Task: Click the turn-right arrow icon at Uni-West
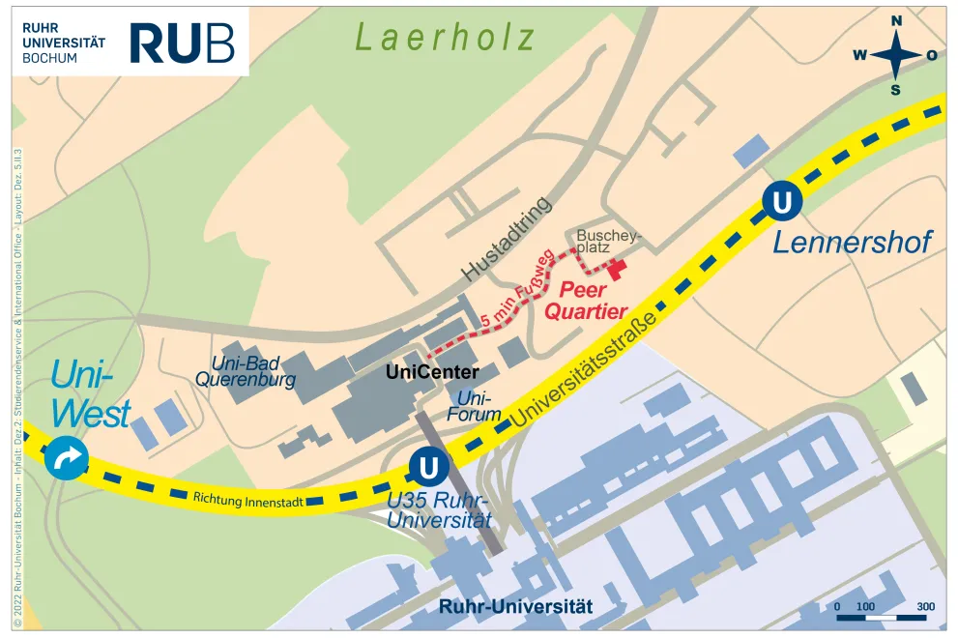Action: [67, 459]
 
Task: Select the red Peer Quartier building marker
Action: [616, 265]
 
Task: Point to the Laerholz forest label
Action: [445, 38]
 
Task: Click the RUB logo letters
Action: [182, 43]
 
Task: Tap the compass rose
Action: [896, 55]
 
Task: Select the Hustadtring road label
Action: [507, 239]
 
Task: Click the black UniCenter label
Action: [432, 371]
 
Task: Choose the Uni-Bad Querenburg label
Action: [246, 371]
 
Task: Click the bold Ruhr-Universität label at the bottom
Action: [515, 608]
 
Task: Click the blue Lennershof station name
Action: [852, 242]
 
